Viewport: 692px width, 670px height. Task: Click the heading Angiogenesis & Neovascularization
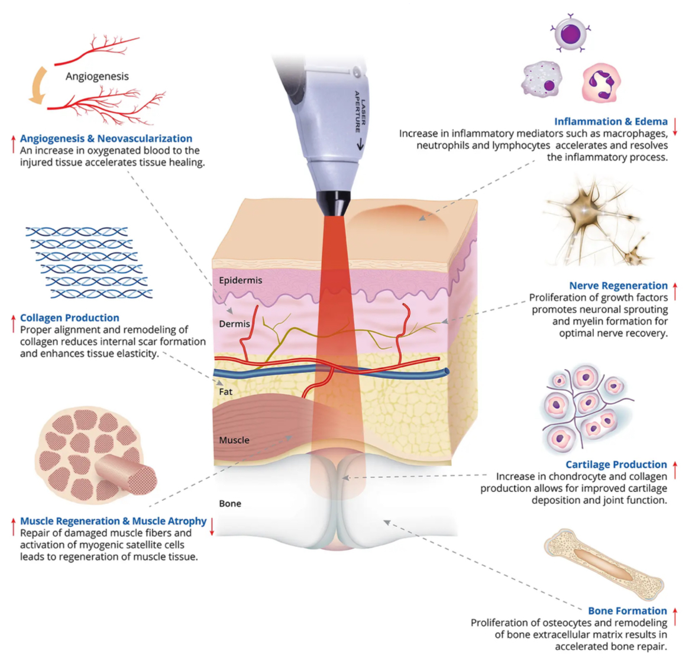[x=106, y=138]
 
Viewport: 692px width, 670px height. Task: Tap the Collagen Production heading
[x=69, y=318]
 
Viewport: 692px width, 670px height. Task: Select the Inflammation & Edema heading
[x=610, y=121]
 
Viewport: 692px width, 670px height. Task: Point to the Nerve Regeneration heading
[x=618, y=286]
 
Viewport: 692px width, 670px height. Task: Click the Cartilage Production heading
[x=616, y=464]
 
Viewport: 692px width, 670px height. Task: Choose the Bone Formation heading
[x=627, y=611]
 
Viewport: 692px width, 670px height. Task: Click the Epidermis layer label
[x=240, y=280]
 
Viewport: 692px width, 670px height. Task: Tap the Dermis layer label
[x=234, y=323]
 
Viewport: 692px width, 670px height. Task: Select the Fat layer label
[x=225, y=391]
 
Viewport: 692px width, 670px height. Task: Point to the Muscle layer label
[x=234, y=440]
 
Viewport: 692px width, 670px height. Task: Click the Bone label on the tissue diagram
[x=230, y=503]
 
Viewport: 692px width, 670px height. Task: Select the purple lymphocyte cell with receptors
[x=570, y=33]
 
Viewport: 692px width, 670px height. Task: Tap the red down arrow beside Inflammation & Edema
[x=675, y=127]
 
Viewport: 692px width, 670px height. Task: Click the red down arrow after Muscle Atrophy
[x=212, y=526]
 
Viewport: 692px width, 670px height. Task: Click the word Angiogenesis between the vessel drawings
[x=97, y=76]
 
